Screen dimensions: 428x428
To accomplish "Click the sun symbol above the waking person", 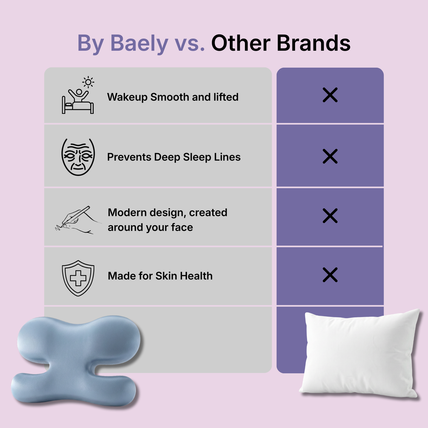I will point(88,82).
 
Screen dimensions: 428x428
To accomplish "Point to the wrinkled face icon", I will point(78,157).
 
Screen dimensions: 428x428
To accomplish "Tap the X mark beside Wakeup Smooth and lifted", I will point(330,95).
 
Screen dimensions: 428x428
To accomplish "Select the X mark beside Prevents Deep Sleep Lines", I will point(330,156).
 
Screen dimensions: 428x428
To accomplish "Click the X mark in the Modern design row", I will point(330,216).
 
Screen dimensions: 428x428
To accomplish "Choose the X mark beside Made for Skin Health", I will point(330,275).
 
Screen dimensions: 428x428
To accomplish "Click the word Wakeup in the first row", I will point(127,97).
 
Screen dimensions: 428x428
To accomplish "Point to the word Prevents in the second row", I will point(129,157).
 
